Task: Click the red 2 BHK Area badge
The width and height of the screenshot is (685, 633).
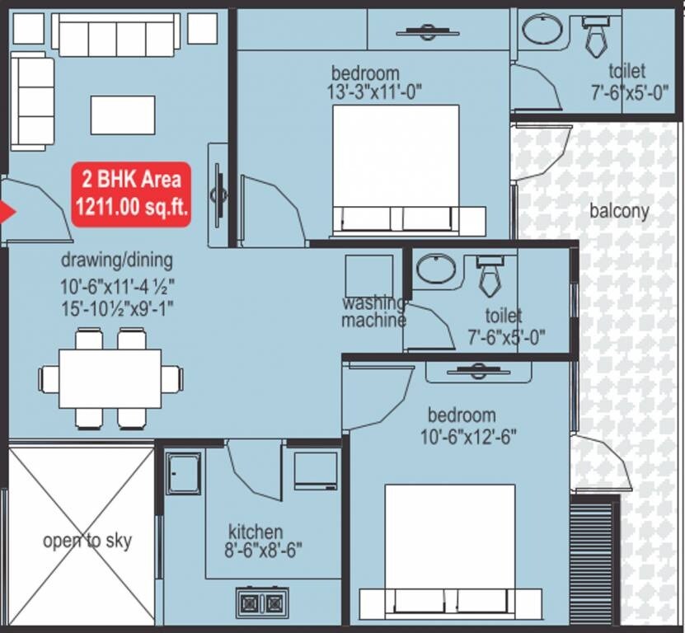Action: [x=132, y=195]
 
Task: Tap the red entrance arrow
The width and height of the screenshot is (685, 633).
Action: [x=7, y=213]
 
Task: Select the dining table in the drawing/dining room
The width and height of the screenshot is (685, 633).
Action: [x=110, y=378]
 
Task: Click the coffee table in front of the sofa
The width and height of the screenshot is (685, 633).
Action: [x=123, y=115]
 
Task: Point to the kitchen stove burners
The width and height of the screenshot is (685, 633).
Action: [x=261, y=603]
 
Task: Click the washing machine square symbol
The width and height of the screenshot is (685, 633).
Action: [x=368, y=275]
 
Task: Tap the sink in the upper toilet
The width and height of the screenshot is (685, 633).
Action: [x=542, y=30]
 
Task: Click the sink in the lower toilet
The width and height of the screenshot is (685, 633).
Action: [x=434, y=269]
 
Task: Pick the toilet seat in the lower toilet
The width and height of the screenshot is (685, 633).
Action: [x=490, y=276]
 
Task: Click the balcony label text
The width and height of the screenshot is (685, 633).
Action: [x=619, y=211]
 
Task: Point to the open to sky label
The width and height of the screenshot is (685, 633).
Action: [x=87, y=542]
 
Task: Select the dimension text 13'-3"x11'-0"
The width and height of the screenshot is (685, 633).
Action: [x=375, y=91]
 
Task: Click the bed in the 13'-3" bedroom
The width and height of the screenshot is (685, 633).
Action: [x=396, y=169]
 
